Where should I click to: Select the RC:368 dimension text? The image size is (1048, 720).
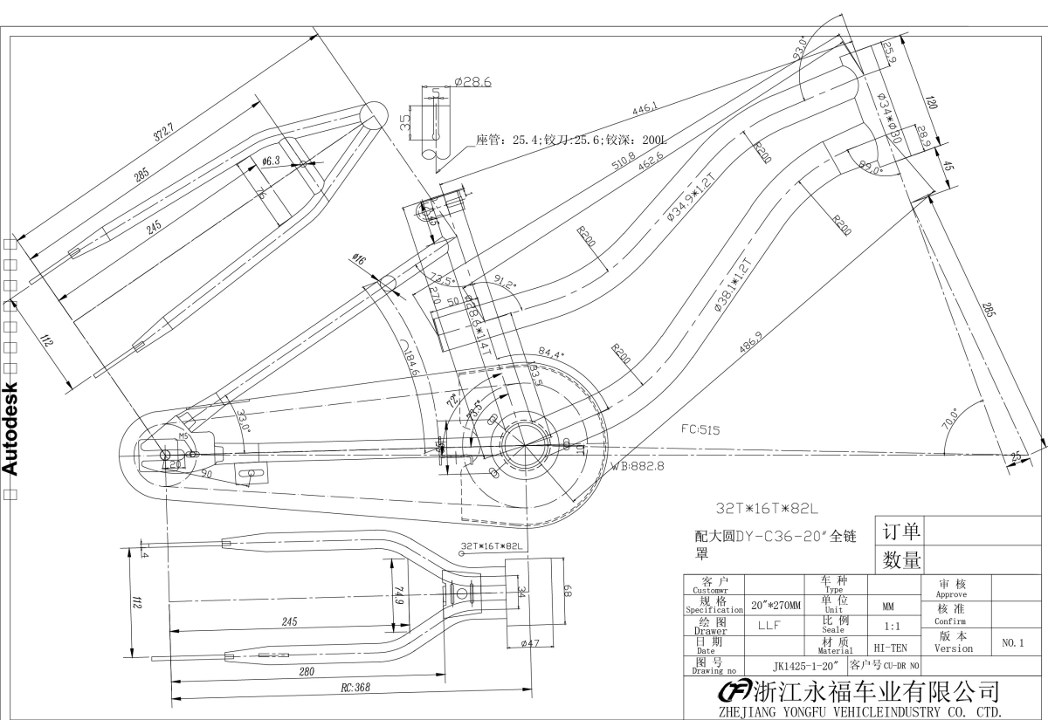click(x=355, y=687)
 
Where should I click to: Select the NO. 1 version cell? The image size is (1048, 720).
click(x=1013, y=643)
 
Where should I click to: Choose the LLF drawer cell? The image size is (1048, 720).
click(x=769, y=625)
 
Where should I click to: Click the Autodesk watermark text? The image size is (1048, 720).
click(x=11, y=429)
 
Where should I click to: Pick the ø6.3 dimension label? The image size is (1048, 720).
click(x=270, y=161)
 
